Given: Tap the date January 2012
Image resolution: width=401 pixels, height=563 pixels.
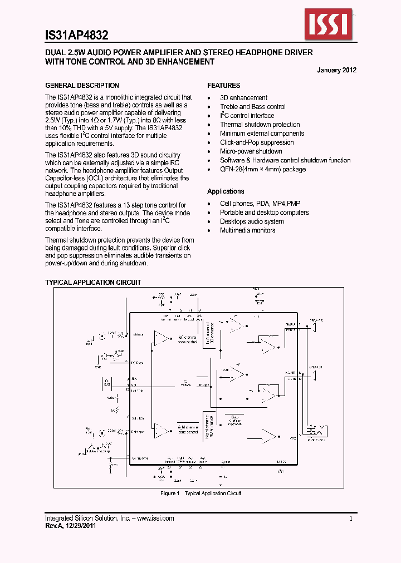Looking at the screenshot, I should (x=336, y=70).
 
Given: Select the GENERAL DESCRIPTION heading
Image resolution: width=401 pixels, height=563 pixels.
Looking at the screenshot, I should (x=82, y=86).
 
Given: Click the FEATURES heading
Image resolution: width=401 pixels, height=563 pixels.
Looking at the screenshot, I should (x=224, y=86).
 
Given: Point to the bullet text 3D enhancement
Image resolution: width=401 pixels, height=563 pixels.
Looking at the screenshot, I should (x=243, y=98).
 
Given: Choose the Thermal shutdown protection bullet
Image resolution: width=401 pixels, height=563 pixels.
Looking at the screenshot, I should (x=260, y=125).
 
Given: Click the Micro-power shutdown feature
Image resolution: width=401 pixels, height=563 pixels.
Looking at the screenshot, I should (x=251, y=151).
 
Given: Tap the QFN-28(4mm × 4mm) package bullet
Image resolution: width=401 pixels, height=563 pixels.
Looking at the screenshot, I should (x=263, y=169).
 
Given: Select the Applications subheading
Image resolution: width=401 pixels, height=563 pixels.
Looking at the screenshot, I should (x=226, y=191).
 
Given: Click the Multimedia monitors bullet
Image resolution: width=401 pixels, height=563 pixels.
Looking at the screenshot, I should (x=247, y=230).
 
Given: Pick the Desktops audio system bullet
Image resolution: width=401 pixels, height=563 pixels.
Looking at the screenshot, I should (x=252, y=221).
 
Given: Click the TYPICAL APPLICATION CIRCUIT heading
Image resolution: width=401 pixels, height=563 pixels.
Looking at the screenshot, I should (x=93, y=283).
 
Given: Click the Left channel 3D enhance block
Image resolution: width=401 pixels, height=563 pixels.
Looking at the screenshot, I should (x=207, y=334).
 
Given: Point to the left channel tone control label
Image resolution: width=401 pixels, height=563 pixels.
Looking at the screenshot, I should (x=188, y=340).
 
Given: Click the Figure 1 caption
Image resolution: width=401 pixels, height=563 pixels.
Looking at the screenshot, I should (x=200, y=493).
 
